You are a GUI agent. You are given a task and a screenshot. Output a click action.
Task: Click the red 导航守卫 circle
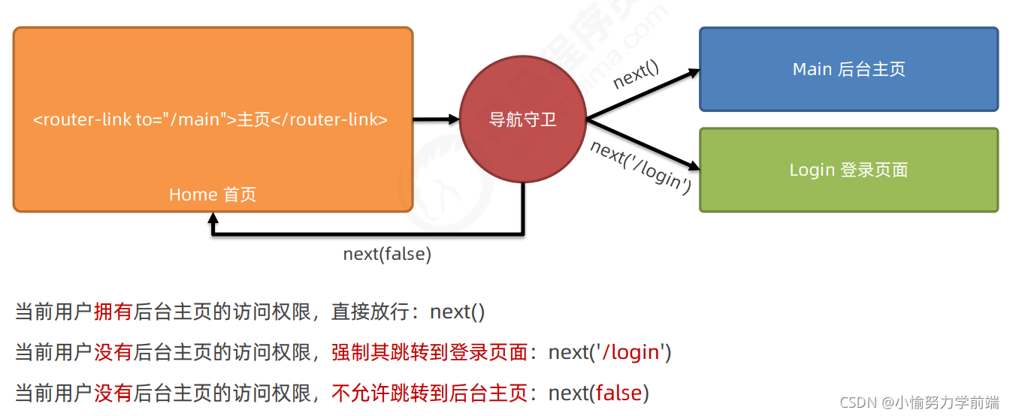pos(523,119)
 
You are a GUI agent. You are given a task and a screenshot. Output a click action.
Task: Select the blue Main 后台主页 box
pos(848,69)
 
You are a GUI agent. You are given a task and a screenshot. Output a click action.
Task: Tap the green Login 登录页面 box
pos(848,170)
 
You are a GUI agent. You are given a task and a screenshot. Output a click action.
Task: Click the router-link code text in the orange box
pos(210,119)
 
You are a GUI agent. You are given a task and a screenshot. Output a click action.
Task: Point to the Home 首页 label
pos(212,194)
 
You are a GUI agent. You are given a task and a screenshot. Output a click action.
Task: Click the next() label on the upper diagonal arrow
pos(636,75)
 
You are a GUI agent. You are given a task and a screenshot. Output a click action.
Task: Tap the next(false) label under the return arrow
pos(387,254)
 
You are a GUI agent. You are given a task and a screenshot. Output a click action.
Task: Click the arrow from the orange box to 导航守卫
pos(436,119)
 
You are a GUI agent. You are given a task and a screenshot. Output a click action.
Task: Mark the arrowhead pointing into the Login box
pos(692,166)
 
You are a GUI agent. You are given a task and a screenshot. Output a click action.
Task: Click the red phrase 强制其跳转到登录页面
pos(429,351)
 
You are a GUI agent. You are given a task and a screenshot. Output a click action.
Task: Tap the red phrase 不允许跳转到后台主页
pos(429,392)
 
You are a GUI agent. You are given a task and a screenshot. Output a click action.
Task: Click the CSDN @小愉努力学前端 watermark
pos(919,402)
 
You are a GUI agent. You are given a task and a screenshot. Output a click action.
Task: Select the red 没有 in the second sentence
pos(113,351)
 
